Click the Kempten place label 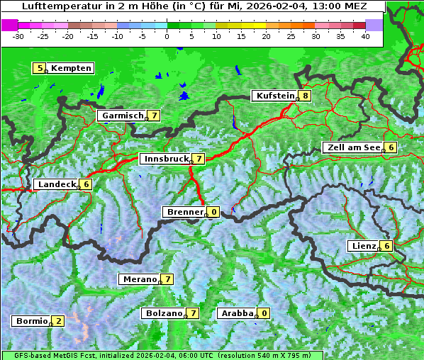(x=71, y=68)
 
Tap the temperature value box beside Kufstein (x=305, y=96)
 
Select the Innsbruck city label (x=165, y=159)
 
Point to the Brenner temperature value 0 (x=213, y=211)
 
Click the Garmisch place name (x=123, y=115)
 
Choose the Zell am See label (x=352, y=147)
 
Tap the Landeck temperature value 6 (x=86, y=184)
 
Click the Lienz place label (x=362, y=246)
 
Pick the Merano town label (x=138, y=279)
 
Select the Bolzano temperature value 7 (x=193, y=313)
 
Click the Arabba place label (x=237, y=313)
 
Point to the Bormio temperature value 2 (x=58, y=320)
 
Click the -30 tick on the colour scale (x=18, y=35)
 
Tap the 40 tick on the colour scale (x=365, y=35)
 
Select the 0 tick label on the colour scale (x=167, y=35)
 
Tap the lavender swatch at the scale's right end (x=374, y=24)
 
